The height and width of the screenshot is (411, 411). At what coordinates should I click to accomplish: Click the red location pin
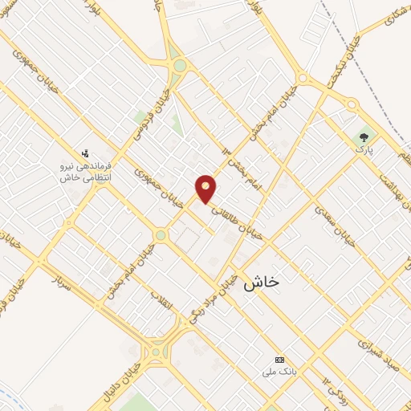(206, 188)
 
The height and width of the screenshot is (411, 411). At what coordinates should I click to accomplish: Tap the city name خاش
(264, 282)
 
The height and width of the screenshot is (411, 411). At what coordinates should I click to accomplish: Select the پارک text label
(364, 150)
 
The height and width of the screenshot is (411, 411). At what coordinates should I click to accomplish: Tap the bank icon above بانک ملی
(279, 359)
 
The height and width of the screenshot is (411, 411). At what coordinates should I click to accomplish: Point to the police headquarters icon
(85, 153)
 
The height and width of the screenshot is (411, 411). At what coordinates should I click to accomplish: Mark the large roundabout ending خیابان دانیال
(156, 351)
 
